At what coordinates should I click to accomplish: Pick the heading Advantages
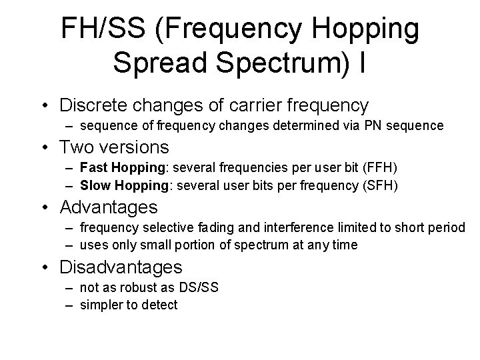(x=109, y=207)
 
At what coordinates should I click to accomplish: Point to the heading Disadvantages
(x=121, y=268)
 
